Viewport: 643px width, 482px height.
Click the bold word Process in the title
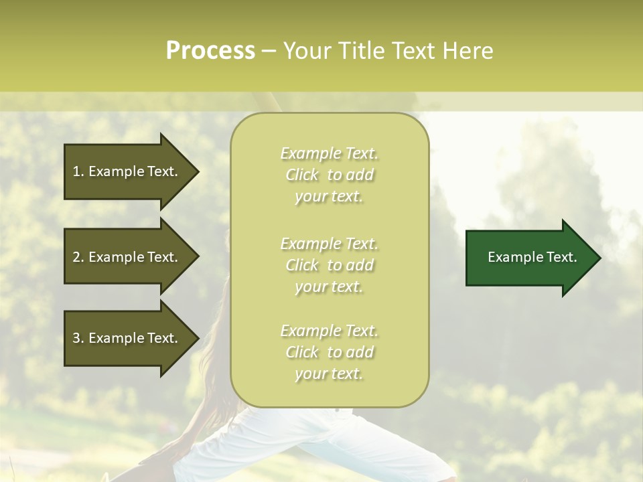pyautogui.click(x=210, y=51)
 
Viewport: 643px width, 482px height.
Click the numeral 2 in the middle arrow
pyautogui.click(x=76, y=257)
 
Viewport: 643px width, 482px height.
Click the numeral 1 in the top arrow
pyautogui.click(x=76, y=171)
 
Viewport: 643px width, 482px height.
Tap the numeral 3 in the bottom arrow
pyautogui.click(x=76, y=338)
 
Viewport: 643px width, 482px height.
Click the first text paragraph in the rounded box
pyautogui.click(x=329, y=175)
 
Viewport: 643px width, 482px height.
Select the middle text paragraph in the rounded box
pyautogui.click(x=329, y=265)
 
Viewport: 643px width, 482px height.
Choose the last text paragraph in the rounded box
pyautogui.click(x=329, y=352)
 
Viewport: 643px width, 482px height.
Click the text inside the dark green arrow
pyautogui.click(x=532, y=257)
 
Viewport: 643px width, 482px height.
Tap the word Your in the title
pyautogui.click(x=305, y=51)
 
